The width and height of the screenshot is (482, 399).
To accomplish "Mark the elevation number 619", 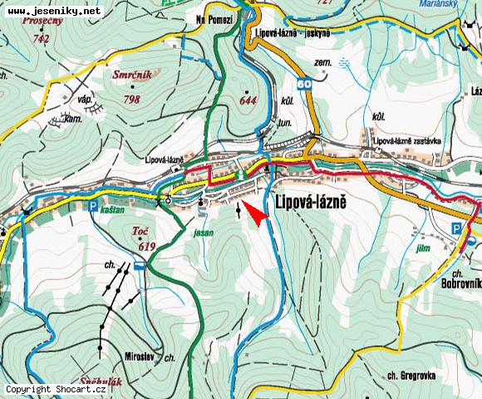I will tap(148, 246).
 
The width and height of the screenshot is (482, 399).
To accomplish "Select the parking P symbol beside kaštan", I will tap(93, 205).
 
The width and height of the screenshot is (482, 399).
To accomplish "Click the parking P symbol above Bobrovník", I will tap(456, 228).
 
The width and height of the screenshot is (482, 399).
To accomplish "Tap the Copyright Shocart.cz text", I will tap(57, 389).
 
